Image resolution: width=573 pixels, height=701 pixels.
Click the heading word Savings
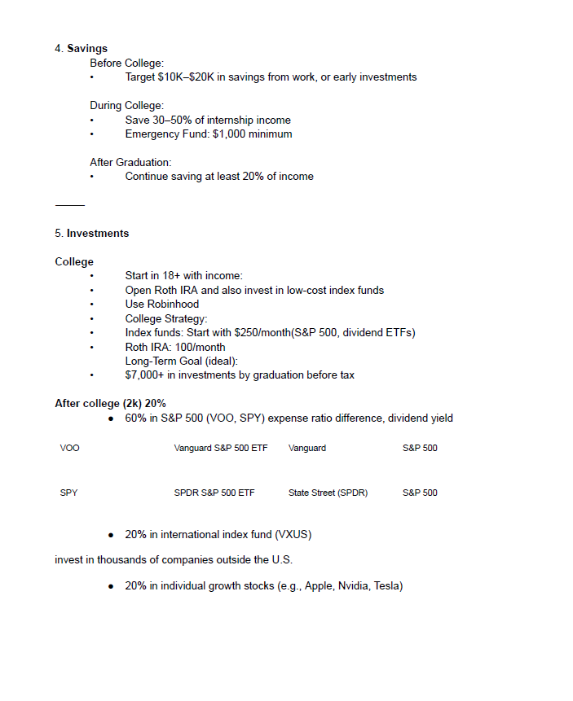(87, 49)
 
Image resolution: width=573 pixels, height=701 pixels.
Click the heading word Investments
(98, 234)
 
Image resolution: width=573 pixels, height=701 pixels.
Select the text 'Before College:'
(126, 63)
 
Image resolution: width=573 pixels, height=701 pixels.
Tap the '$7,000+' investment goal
(147, 375)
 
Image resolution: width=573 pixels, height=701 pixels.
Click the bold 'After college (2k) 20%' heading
(110, 404)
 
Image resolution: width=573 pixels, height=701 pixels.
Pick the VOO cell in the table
(70, 448)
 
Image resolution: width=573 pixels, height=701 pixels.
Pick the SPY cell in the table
(69, 493)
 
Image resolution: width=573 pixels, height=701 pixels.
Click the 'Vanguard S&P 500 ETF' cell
(220, 448)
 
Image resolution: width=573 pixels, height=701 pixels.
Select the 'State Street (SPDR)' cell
(328, 493)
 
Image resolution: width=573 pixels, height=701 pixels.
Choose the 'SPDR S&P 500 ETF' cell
(214, 493)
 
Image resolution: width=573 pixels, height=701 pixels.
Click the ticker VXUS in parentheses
(294, 535)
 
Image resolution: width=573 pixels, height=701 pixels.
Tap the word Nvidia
(353, 586)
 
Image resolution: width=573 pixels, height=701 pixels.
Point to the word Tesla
(387, 586)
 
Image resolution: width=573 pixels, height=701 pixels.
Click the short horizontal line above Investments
(70, 205)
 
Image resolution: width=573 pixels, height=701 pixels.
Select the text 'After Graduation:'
(130, 162)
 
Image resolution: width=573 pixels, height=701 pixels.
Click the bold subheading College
(74, 262)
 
